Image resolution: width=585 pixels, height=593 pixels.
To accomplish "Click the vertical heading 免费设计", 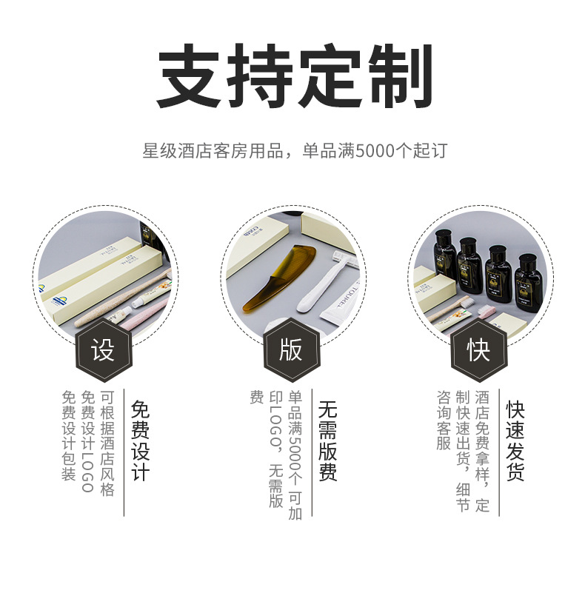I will coord(140,440).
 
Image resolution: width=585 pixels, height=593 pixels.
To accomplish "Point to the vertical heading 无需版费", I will coord(328,440).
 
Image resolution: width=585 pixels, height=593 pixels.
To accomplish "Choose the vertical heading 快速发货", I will coord(516,440).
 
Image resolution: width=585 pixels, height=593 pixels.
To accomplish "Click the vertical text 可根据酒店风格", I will coord(107,443).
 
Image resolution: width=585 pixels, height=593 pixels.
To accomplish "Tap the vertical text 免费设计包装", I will coord(69,436).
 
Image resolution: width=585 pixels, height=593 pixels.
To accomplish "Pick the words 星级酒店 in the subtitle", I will coord(171,151).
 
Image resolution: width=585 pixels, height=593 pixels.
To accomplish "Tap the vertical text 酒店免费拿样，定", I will coord(482,451).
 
